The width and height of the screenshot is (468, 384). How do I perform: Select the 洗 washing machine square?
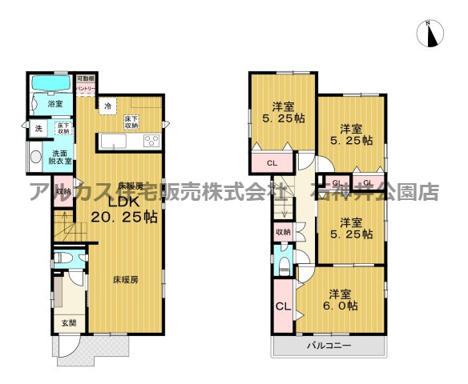38,128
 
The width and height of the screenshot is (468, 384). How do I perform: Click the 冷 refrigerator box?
107,104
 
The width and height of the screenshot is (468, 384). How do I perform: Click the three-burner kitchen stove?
151,141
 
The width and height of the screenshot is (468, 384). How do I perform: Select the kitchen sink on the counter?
112,142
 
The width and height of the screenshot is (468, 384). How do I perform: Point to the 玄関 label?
68,323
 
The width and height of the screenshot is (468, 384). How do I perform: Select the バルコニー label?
329,346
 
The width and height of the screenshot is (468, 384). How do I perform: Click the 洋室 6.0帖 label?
340,301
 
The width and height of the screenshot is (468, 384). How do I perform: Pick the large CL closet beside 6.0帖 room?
282,306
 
